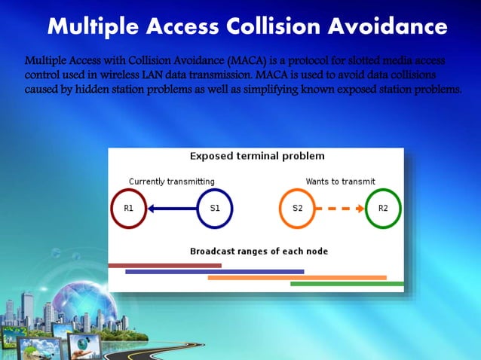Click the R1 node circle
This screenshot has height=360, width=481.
[128, 208]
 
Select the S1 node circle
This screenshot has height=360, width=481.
[215, 208]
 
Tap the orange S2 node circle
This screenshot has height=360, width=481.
[297, 208]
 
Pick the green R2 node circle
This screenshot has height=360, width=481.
[383, 208]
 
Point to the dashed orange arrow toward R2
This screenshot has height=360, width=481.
[340, 208]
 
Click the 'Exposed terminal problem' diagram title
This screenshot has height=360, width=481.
[257, 157]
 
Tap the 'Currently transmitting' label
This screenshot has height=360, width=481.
[172, 182]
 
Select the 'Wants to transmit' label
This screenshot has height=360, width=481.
[340, 182]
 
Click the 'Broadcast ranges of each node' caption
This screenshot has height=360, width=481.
[259, 251]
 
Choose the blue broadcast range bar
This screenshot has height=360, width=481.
[214, 271]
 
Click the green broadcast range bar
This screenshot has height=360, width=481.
[347, 284]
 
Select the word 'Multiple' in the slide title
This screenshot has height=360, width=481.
[90, 27]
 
